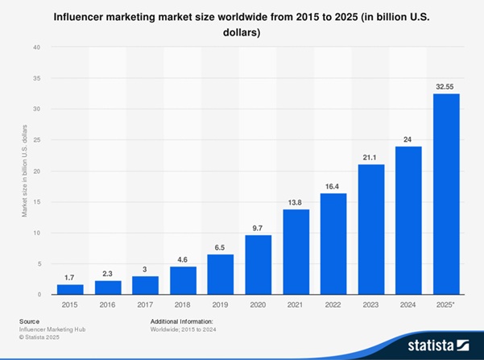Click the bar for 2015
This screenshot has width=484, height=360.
coord(70,289)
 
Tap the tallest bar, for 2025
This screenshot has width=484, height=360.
coord(447,194)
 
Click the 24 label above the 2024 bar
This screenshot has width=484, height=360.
coord(409,139)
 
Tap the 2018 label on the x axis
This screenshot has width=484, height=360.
coord(183,306)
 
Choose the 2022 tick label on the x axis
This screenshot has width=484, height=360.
coord(333,306)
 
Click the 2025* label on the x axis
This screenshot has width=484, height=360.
coord(447,306)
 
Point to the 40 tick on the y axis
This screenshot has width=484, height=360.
coord(36,47)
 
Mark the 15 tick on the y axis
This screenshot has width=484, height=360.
coord(36,202)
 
